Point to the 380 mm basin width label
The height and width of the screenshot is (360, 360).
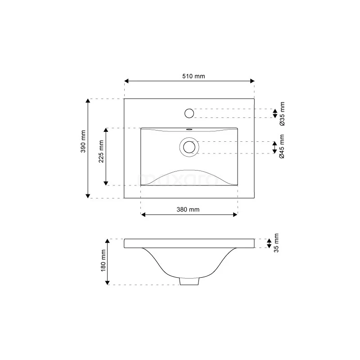coord(188,209)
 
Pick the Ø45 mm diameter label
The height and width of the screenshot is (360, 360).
coord(282,147)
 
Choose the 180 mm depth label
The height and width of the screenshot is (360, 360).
coord(103,261)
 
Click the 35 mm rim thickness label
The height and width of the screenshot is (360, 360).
coord(276,243)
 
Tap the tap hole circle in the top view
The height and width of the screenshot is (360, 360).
coord(189,112)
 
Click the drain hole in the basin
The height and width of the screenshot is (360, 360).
coord(189,147)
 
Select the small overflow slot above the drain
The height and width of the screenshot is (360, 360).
coord(189,129)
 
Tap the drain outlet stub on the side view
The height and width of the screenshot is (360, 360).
coord(189,281)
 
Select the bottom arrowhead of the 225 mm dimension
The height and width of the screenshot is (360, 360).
coord(106,182)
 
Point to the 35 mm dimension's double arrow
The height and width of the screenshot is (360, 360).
coord(269,243)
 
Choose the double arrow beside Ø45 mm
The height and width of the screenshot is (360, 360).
coord(274,147)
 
